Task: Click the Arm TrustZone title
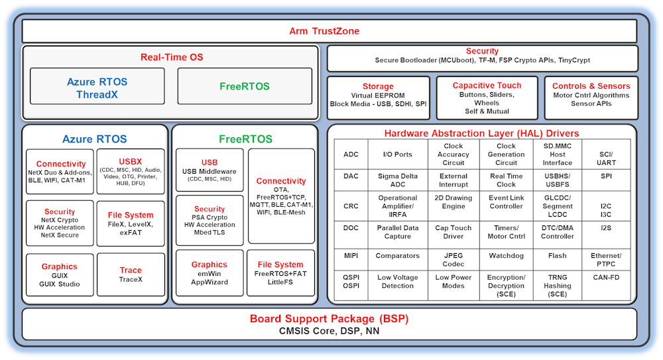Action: click(324, 31)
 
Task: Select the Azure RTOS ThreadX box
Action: click(97, 86)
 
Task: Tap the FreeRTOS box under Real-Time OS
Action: click(245, 86)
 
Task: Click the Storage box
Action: click(379, 98)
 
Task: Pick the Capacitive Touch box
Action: click(487, 98)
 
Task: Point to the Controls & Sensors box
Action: click(591, 98)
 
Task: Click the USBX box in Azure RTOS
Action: click(131, 171)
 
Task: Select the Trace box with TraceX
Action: click(131, 274)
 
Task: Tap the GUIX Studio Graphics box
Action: click(60, 274)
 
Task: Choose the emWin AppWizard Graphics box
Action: click(210, 273)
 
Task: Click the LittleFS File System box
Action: click(280, 273)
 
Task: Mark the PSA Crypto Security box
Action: click(210, 220)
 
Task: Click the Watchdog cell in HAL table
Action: click(506, 260)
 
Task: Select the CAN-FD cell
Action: click(606, 286)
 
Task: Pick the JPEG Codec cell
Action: click(453, 260)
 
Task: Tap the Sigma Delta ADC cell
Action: click(397, 180)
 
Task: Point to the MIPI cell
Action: click(351, 260)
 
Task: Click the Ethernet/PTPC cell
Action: click(606, 260)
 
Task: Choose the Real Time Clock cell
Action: click(506, 180)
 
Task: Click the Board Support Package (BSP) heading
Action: click(330, 318)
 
